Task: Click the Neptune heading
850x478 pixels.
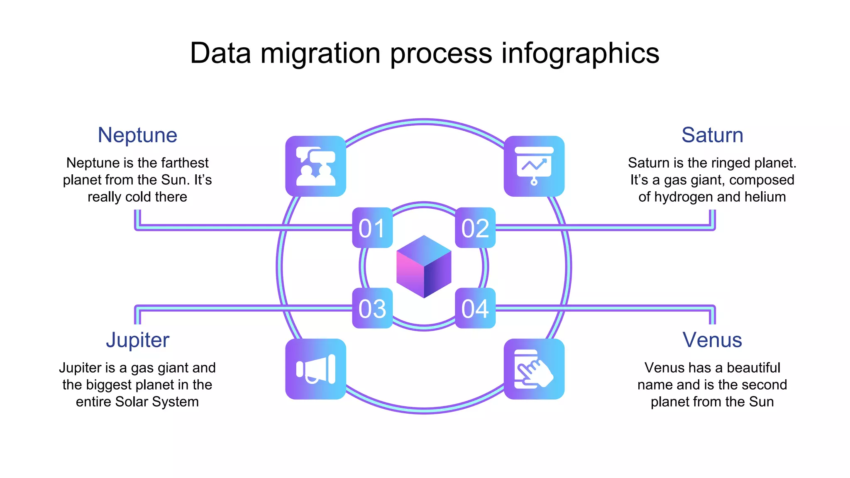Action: (137, 135)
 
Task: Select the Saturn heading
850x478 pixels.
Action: (712, 135)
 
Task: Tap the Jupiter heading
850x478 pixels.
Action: (137, 340)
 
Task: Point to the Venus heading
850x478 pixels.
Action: (712, 340)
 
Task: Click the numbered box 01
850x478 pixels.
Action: (372, 228)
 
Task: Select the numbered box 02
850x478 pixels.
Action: (475, 228)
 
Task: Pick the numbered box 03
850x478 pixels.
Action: (372, 308)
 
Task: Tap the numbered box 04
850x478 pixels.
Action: (475, 308)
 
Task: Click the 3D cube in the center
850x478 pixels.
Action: (424, 267)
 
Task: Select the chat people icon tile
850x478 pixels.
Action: (315, 166)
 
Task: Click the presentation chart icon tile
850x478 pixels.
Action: (534, 166)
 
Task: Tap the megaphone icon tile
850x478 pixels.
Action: (315, 369)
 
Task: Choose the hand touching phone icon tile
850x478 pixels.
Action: (534, 369)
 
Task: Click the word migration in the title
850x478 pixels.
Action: (320, 54)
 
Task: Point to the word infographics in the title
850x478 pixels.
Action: (580, 54)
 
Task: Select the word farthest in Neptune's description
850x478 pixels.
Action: (185, 163)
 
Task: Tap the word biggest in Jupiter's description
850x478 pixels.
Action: (113, 385)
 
